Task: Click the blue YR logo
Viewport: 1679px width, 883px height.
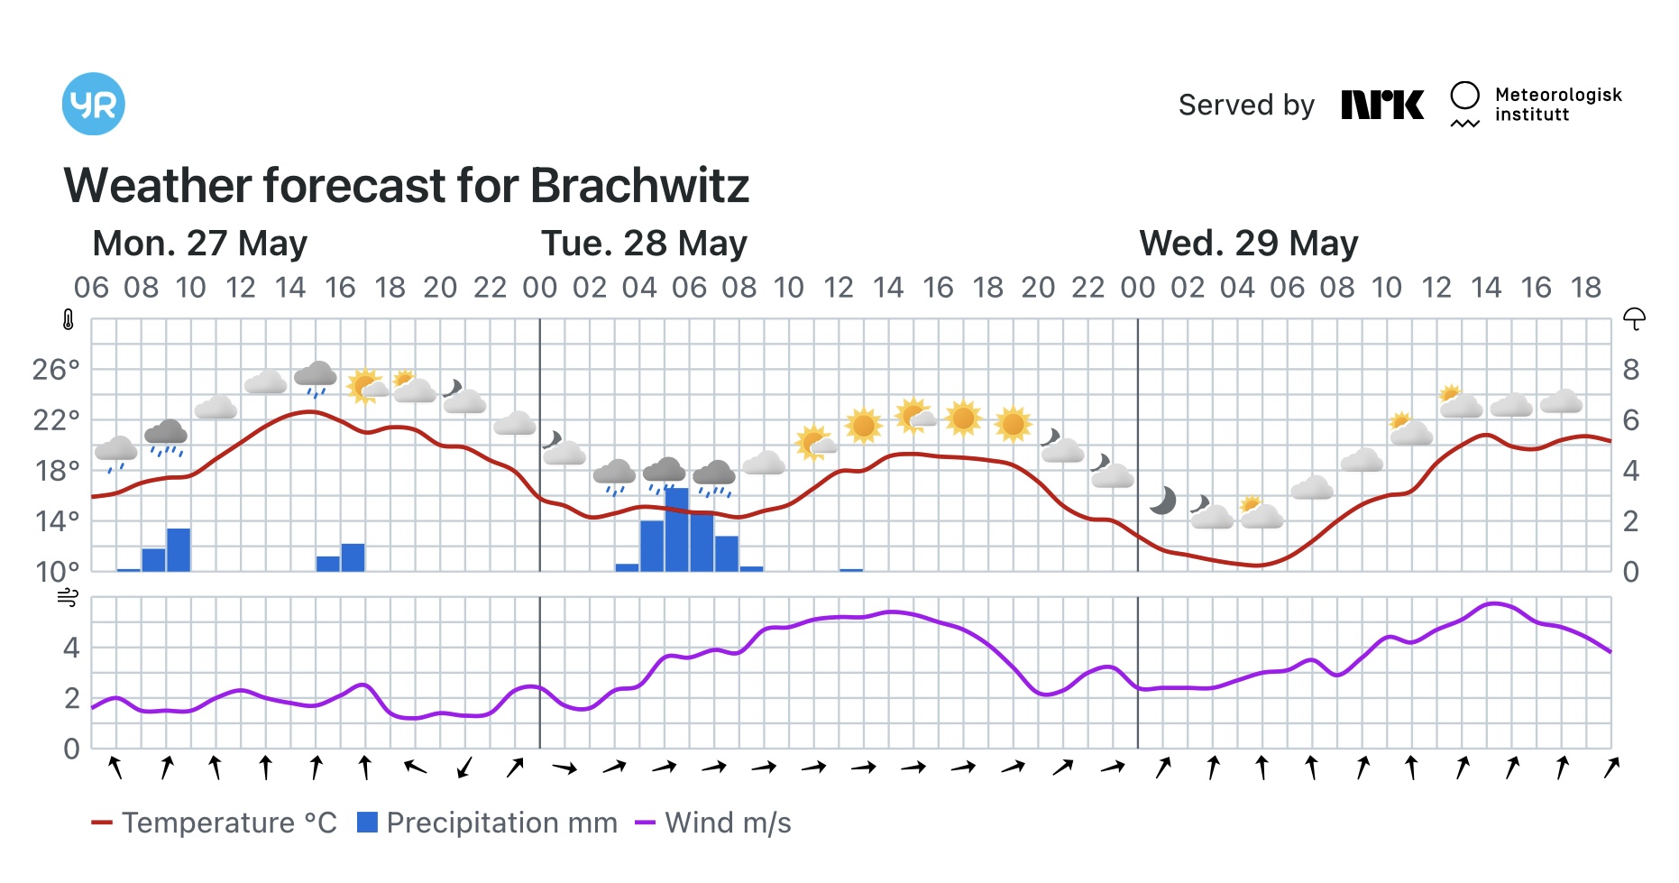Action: tap(93, 104)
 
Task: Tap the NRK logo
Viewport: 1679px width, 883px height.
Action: tap(1381, 105)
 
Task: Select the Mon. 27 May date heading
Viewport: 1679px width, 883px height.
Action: tap(199, 244)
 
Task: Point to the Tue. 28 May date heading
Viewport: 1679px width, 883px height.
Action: tap(644, 244)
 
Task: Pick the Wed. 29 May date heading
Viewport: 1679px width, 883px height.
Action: tap(1248, 244)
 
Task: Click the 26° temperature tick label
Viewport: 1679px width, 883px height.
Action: tap(56, 370)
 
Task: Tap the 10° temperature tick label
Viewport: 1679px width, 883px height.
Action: tap(56, 571)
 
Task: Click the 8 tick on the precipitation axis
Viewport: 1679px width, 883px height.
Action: tap(1630, 370)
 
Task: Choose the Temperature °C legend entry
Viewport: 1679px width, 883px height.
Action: tap(215, 823)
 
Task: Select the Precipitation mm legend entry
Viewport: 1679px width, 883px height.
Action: tap(487, 823)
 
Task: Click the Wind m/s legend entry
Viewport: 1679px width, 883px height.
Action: tap(713, 823)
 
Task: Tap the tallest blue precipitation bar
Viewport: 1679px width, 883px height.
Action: tap(676, 530)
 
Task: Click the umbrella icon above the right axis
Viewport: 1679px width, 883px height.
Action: tap(1634, 318)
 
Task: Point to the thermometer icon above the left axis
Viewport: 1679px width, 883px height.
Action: tap(69, 319)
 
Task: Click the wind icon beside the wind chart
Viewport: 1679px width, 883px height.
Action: tap(69, 597)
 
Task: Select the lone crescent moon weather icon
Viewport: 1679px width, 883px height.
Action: tap(1163, 500)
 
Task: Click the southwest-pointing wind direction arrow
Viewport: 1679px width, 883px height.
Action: tap(464, 768)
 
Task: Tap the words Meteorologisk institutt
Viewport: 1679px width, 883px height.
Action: tap(1557, 105)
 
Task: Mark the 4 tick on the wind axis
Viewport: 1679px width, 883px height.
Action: tap(71, 648)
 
